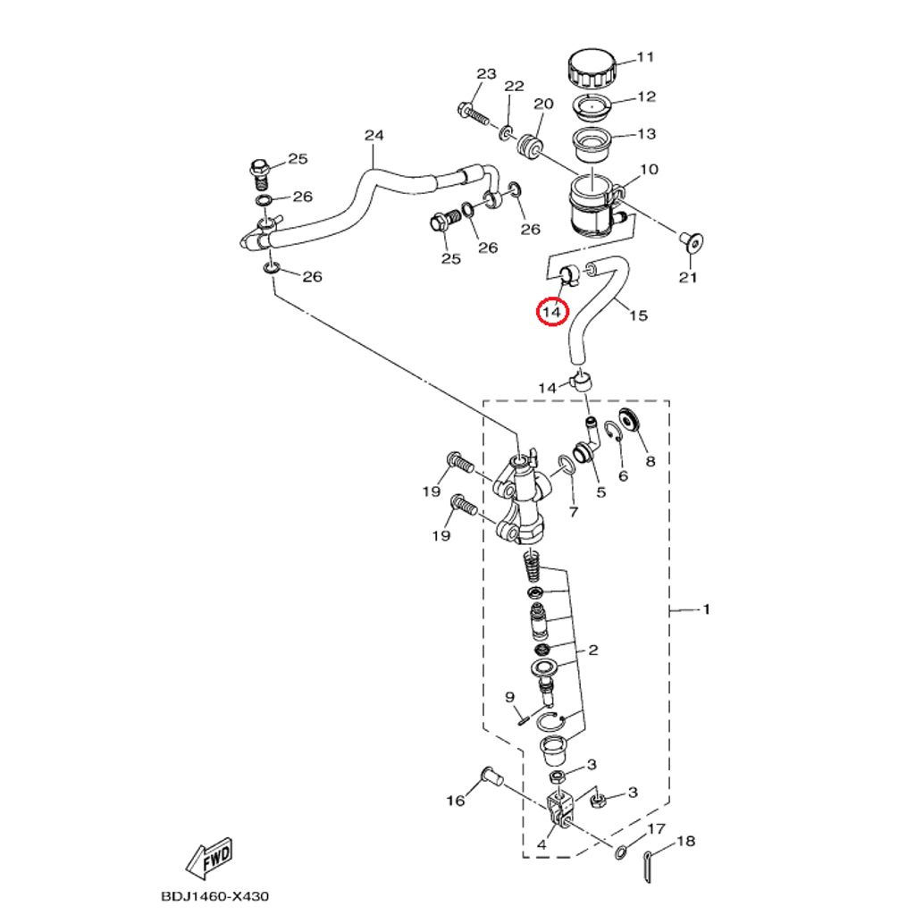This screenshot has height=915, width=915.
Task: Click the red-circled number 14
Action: [x=551, y=312]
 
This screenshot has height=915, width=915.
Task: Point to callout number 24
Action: [x=374, y=136]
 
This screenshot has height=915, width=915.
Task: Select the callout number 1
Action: [x=706, y=609]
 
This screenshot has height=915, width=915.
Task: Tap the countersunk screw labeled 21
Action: [x=691, y=243]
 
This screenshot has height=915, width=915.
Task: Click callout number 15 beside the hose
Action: [x=638, y=315]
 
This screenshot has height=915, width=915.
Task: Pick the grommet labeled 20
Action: [x=530, y=144]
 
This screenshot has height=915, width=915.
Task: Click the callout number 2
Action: [x=593, y=650]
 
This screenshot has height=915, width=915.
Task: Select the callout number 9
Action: [x=510, y=697]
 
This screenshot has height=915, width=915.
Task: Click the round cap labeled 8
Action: [x=629, y=419]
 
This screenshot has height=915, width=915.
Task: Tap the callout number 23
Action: [x=486, y=74]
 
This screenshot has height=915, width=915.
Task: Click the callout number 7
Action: [x=574, y=512]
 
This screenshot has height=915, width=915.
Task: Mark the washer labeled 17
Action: [x=621, y=851]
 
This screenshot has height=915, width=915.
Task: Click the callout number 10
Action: [x=649, y=169]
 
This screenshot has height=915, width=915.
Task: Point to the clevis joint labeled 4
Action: [x=560, y=808]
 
